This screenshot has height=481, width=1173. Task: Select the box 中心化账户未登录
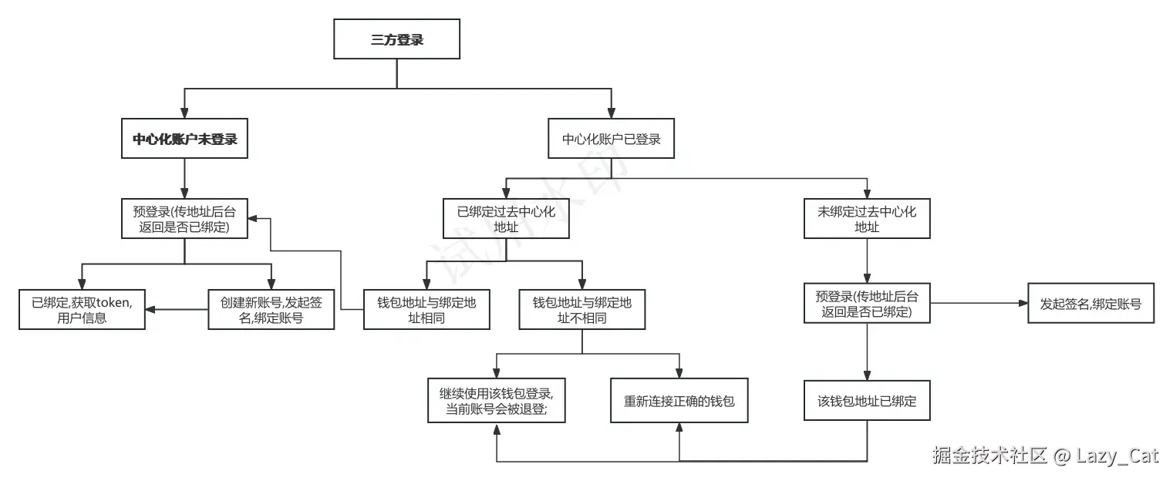coord(184,140)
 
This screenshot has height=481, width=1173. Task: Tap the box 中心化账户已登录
coord(612,140)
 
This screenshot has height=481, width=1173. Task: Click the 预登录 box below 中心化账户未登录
coord(184,218)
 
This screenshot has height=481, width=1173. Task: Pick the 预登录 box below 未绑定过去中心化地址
coord(867,303)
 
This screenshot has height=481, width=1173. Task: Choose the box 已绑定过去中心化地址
coord(506,219)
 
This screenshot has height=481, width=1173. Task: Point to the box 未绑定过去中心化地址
coord(867,219)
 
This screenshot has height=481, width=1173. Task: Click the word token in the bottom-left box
coord(113,302)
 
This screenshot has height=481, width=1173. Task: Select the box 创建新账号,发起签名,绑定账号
coord(271,310)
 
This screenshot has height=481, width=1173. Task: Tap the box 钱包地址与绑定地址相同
coord(426,310)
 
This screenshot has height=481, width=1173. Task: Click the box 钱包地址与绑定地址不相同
coord(582,310)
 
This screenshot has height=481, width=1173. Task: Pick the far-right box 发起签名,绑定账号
coord(1090,304)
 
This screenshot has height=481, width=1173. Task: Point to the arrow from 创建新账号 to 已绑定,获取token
coord(177,310)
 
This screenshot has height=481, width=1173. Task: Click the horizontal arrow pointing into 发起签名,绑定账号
coord(979,304)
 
